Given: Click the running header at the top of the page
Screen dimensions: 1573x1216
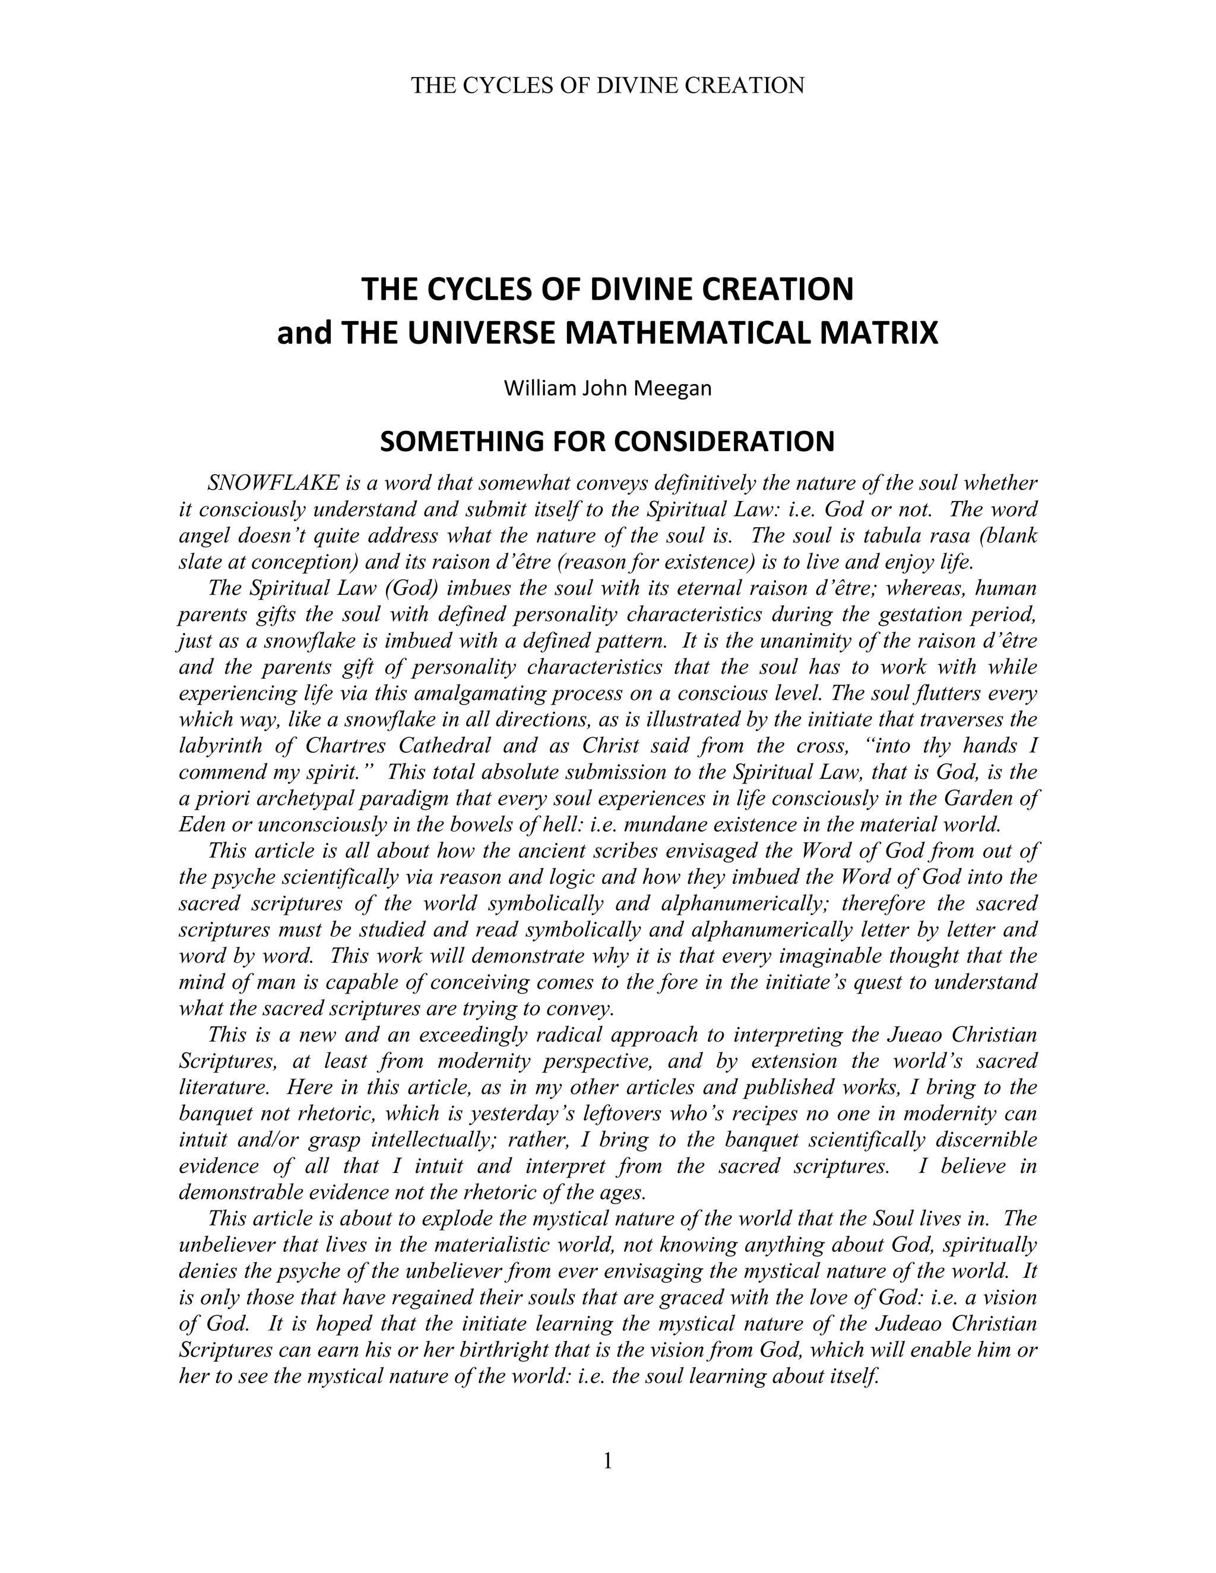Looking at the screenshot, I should [x=607, y=85].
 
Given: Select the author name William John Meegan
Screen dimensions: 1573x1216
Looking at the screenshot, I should [x=607, y=389].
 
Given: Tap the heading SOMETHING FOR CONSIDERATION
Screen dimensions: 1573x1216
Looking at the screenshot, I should [x=607, y=442].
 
